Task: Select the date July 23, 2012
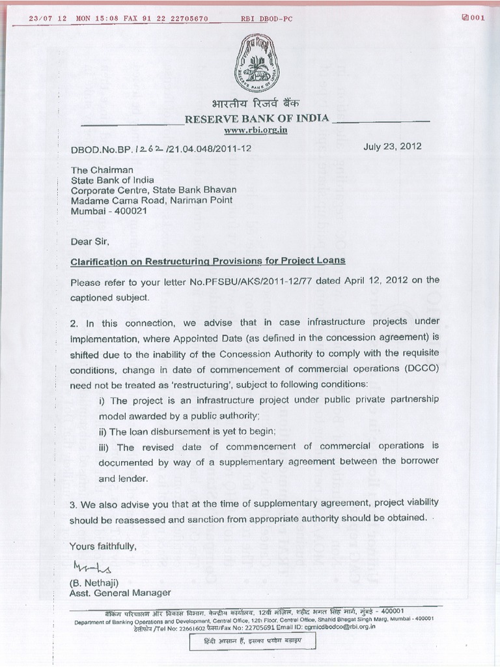point(392,147)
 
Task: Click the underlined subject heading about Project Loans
point(208,261)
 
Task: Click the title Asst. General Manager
point(121,593)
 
